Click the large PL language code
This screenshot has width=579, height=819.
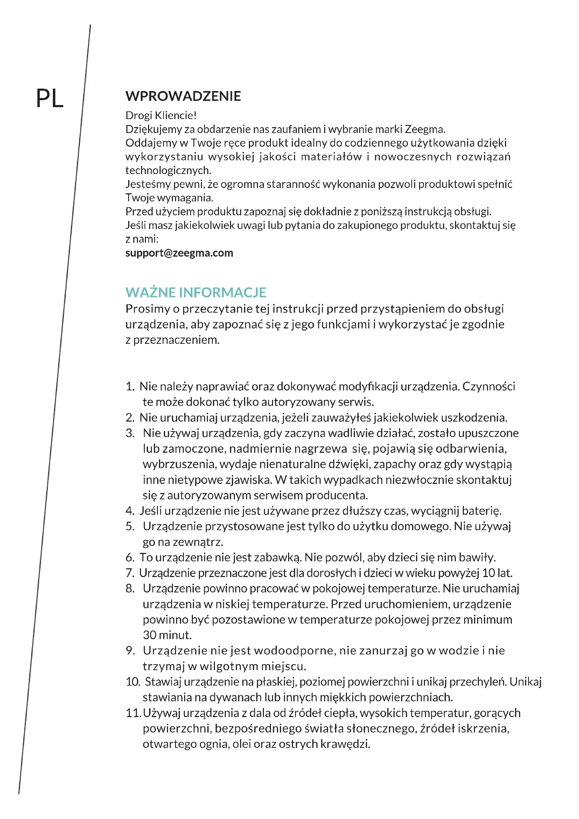50,98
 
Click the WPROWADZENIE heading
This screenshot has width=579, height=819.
183,96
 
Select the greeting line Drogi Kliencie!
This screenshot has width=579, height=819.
161,115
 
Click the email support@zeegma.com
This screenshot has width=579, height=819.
179,253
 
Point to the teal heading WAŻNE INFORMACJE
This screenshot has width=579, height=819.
196,292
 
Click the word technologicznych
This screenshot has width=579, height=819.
168,170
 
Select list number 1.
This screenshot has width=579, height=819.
130,386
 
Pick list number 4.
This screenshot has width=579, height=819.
130,511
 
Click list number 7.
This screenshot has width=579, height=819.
130,573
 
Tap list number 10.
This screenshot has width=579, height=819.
133,682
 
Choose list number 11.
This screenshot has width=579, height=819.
133,713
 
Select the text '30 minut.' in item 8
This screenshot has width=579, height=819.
167,635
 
